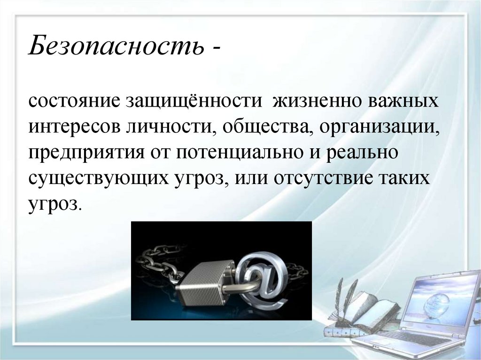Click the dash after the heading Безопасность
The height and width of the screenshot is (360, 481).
pos(217,49)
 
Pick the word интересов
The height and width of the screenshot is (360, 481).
pos(74,128)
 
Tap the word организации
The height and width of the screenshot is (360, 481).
pos(380,128)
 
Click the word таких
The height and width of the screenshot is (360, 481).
pos(403,179)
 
